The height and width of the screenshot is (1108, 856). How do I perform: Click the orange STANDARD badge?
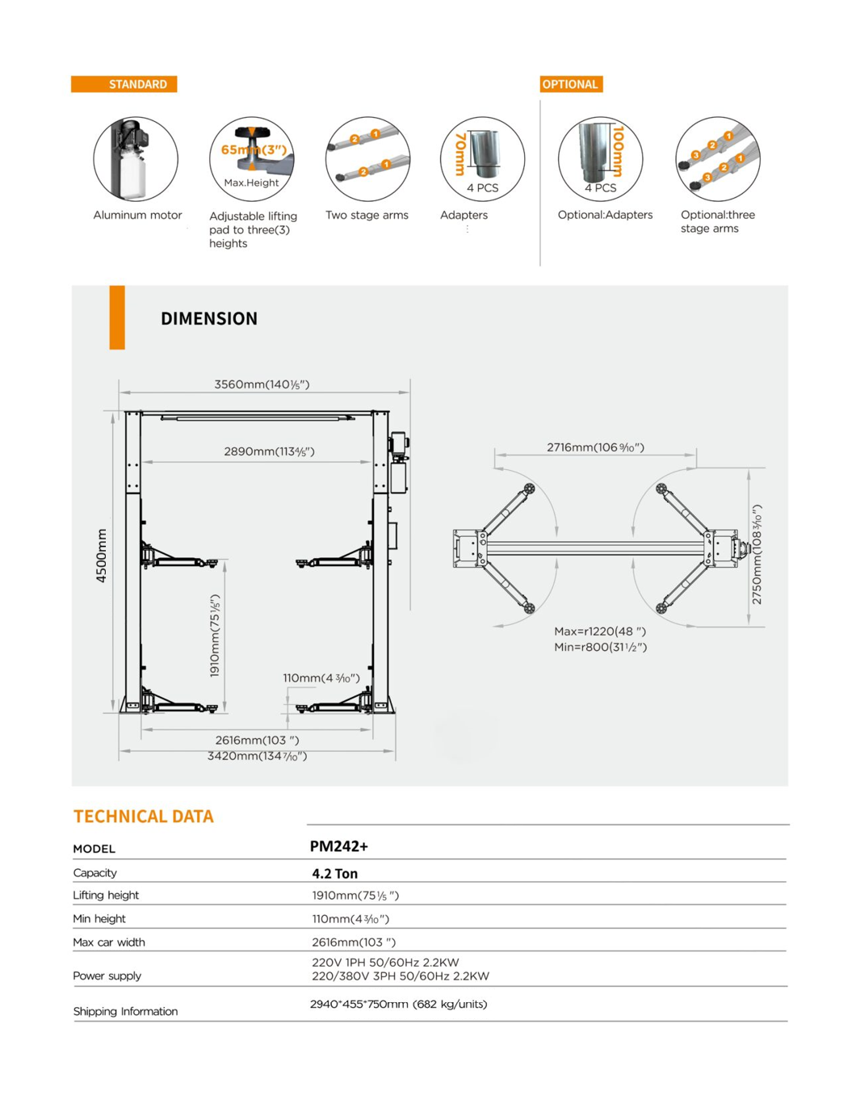point(124,84)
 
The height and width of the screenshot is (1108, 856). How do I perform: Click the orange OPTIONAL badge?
point(570,84)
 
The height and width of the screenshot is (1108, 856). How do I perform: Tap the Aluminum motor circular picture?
point(136,159)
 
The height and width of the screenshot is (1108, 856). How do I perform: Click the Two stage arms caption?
point(367,215)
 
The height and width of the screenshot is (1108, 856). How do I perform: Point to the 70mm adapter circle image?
point(482,159)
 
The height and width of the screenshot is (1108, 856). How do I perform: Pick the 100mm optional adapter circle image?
point(600,159)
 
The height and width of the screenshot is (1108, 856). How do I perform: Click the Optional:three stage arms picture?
point(718,159)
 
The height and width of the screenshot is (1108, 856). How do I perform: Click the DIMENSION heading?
point(209,318)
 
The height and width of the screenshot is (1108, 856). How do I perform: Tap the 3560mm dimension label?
point(262,384)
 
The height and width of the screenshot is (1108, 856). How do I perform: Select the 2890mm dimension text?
point(269,451)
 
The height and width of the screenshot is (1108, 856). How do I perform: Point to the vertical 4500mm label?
point(102,556)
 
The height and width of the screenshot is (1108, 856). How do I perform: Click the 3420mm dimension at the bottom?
point(257,756)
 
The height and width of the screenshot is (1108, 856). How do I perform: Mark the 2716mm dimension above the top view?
point(595,447)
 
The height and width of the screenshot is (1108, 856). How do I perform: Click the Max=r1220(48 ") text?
point(600,632)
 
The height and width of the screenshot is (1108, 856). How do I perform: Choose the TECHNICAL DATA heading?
point(144,816)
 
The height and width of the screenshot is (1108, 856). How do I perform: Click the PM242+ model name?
point(339,846)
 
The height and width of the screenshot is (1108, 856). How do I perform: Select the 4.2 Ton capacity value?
point(335,873)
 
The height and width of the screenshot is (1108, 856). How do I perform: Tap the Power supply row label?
point(107,976)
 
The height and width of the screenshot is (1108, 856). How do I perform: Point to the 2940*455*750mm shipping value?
point(399,1004)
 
